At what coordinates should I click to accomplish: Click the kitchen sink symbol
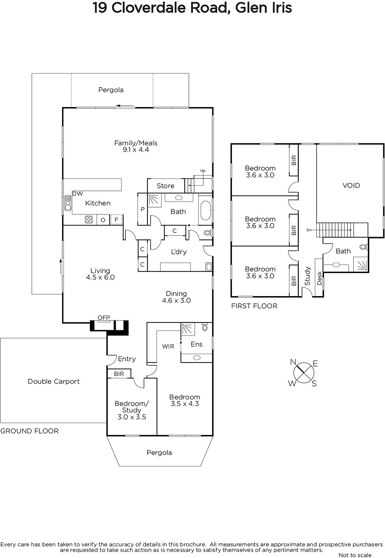click(x=68, y=203)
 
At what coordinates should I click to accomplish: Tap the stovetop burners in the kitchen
click(x=89, y=219)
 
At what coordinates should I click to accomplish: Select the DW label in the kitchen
click(x=77, y=194)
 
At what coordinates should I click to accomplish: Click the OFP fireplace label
click(x=104, y=318)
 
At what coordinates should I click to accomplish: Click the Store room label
click(x=165, y=186)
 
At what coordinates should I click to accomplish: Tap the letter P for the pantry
click(x=142, y=209)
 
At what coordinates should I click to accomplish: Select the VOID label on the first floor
click(x=351, y=186)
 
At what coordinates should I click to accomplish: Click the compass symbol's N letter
click(x=293, y=362)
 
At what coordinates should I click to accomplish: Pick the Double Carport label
click(x=54, y=382)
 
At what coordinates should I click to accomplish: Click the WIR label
click(x=168, y=347)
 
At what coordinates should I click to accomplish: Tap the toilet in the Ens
click(x=205, y=327)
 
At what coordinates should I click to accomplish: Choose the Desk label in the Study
click(x=319, y=278)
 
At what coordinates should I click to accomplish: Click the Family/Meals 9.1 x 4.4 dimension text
click(x=136, y=150)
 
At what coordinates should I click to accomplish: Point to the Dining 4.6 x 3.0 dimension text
click(x=176, y=300)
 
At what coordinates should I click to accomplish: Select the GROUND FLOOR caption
click(x=30, y=431)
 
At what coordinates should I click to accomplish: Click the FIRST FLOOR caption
click(x=254, y=306)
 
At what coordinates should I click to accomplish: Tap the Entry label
click(x=127, y=359)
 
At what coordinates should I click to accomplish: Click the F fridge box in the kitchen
click(x=116, y=220)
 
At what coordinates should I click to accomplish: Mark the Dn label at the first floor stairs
click(x=309, y=230)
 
